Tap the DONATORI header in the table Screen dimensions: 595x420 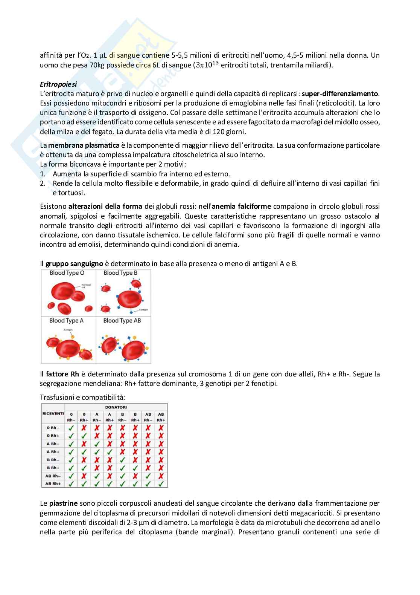(x=116, y=407)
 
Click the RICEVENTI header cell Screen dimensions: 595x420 (x=53, y=413)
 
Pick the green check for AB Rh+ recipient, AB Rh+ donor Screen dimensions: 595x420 (x=161, y=483)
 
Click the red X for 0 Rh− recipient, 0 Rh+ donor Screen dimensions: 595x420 (x=84, y=428)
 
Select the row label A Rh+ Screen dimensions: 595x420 (x=53, y=451)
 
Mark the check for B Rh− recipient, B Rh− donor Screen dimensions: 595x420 (x=122, y=460)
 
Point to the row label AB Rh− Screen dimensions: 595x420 (x=53, y=476)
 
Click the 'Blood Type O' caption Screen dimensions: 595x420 (x=67, y=273)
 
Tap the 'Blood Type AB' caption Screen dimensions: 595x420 (x=122, y=321)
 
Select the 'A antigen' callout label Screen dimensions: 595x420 (x=68, y=330)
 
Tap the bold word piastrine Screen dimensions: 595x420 (x=63, y=503)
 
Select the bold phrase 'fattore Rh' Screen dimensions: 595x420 (x=62, y=374)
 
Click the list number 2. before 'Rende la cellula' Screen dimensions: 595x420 (x=43, y=183)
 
